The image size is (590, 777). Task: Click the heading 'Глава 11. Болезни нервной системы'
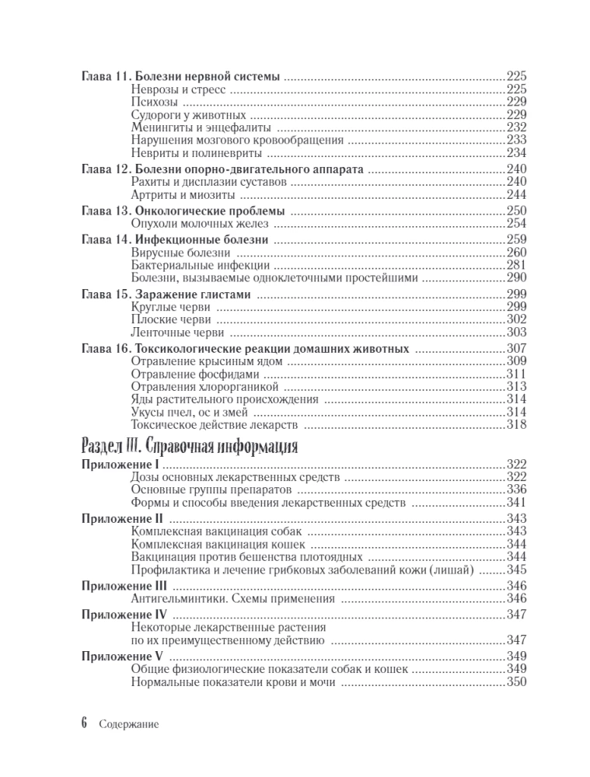click(x=180, y=77)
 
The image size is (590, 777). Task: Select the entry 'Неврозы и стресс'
click(x=177, y=89)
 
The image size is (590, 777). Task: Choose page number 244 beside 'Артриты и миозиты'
click(x=517, y=194)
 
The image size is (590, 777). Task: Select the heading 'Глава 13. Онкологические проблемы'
click(x=183, y=211)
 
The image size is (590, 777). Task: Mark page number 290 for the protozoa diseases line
click(x=517, y=278)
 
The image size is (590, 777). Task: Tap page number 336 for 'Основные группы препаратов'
click(x=517, y=491)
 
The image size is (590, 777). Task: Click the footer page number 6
click(x=84, y=723)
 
